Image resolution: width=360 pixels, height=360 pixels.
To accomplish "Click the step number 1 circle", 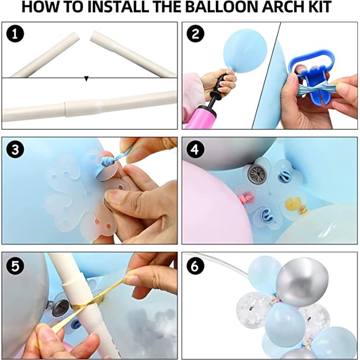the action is click(15, 34).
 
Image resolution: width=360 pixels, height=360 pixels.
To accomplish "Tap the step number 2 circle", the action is click(196, 34).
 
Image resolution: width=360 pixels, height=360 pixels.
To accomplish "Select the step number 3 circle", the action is click(15, 150).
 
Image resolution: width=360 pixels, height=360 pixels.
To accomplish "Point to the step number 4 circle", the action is click(196, 150).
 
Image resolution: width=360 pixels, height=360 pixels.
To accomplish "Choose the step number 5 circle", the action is click(15, 266).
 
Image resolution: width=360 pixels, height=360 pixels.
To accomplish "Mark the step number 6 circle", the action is click(196, 266).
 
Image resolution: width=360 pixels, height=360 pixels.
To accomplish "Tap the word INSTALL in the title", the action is click(118, 7).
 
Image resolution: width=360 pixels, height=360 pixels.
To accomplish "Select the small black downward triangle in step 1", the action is click(86, 78).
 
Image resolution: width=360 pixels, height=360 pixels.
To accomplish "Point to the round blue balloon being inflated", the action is click(245, 50).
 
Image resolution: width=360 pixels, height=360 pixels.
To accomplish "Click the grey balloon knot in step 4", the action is click(257, 174).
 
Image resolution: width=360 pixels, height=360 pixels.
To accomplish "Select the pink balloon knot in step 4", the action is click(247, 198).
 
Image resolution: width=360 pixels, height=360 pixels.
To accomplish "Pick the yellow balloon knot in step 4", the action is click(293, 204).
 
